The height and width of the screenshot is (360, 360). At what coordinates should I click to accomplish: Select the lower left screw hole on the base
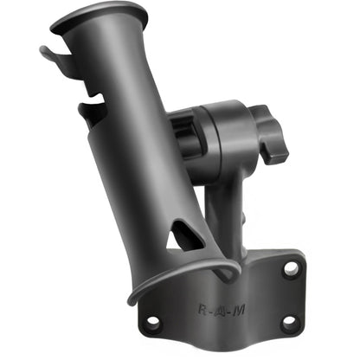pyautogui.click(x=153, y=322)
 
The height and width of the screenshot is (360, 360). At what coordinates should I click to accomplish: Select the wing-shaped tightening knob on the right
pyautogui.click(x=270, y=138)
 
